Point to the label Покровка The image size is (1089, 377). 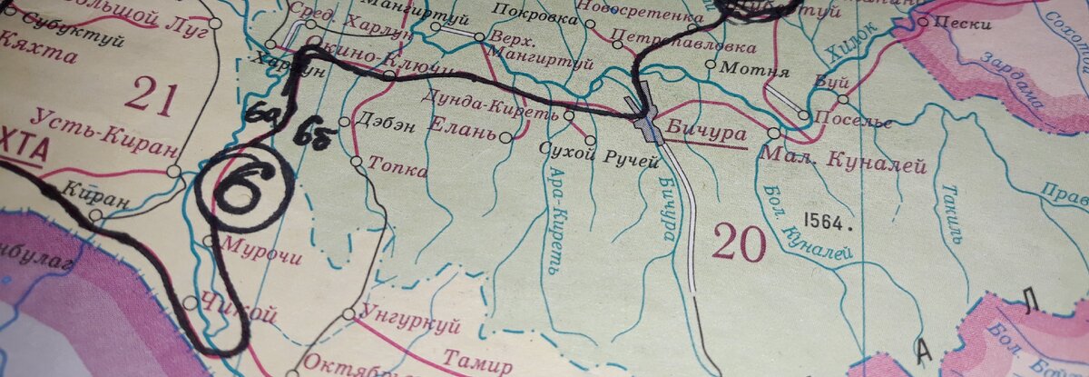pos(544,18)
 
